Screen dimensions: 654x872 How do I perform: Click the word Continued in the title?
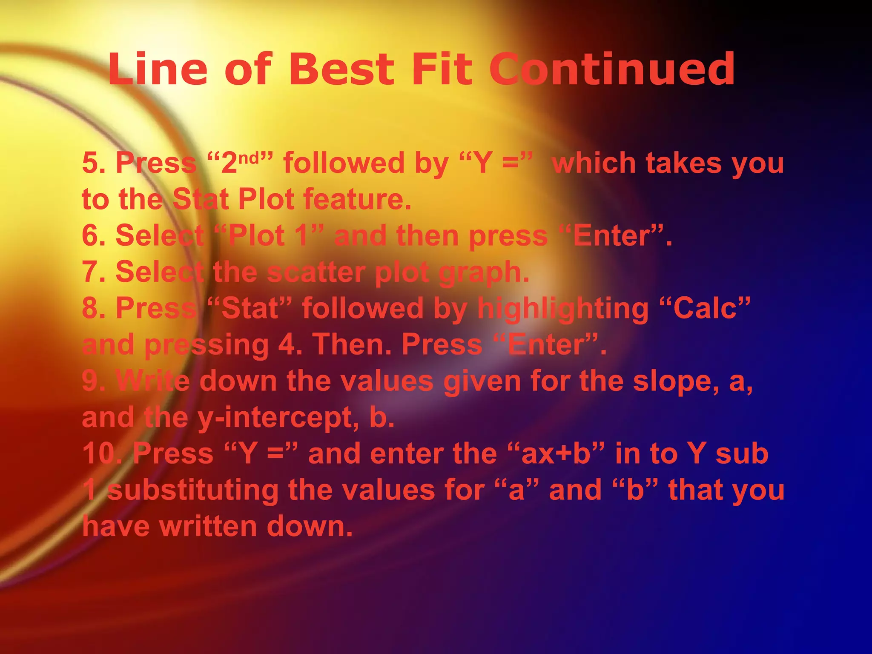tap(612, 69)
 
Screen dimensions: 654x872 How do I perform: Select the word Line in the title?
tap(158, 69)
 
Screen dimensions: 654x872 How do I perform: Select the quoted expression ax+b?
tap(556, 454)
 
